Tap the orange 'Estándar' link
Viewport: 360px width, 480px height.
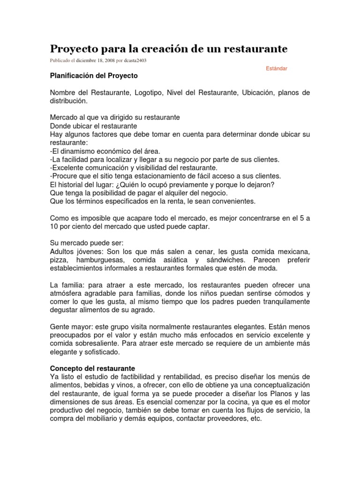(x=277, y=68)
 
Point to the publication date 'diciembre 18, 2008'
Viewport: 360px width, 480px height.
(x=95, y=60)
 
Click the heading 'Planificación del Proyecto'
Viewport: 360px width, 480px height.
(x=94, y=75)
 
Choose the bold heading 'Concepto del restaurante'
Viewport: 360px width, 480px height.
(x=92, y=368)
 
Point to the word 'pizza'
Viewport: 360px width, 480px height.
(x=58, y=260)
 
